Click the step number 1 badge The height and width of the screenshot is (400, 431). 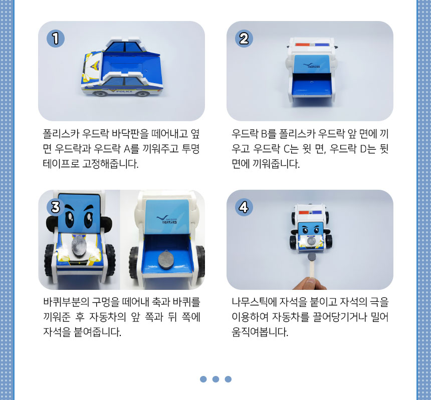56,39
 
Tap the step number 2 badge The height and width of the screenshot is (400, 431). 244,39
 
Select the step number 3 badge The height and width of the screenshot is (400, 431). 56,207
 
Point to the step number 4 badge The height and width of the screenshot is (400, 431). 244,207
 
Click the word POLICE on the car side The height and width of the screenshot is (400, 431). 124,91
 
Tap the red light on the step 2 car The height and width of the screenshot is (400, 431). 302,45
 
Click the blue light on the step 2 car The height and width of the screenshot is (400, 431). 322,45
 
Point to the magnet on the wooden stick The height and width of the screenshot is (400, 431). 312,257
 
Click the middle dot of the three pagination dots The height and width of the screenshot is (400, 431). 216,379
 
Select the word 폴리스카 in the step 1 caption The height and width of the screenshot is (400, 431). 61,134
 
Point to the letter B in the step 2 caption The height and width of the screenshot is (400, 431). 264,134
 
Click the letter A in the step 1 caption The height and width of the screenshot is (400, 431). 127,149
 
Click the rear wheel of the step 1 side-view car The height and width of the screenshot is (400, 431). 143,94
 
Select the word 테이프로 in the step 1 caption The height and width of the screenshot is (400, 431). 61,164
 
